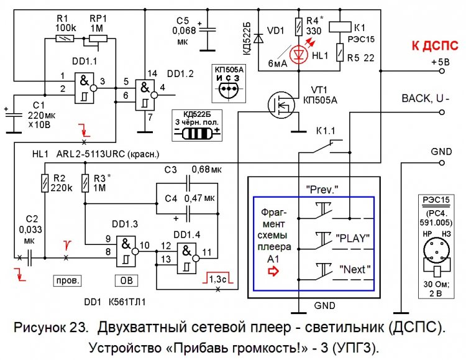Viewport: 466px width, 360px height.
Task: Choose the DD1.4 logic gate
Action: [191, 254]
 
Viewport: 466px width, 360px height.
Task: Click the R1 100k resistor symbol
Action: [64, 39]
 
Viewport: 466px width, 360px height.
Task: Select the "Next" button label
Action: [355, 270]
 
